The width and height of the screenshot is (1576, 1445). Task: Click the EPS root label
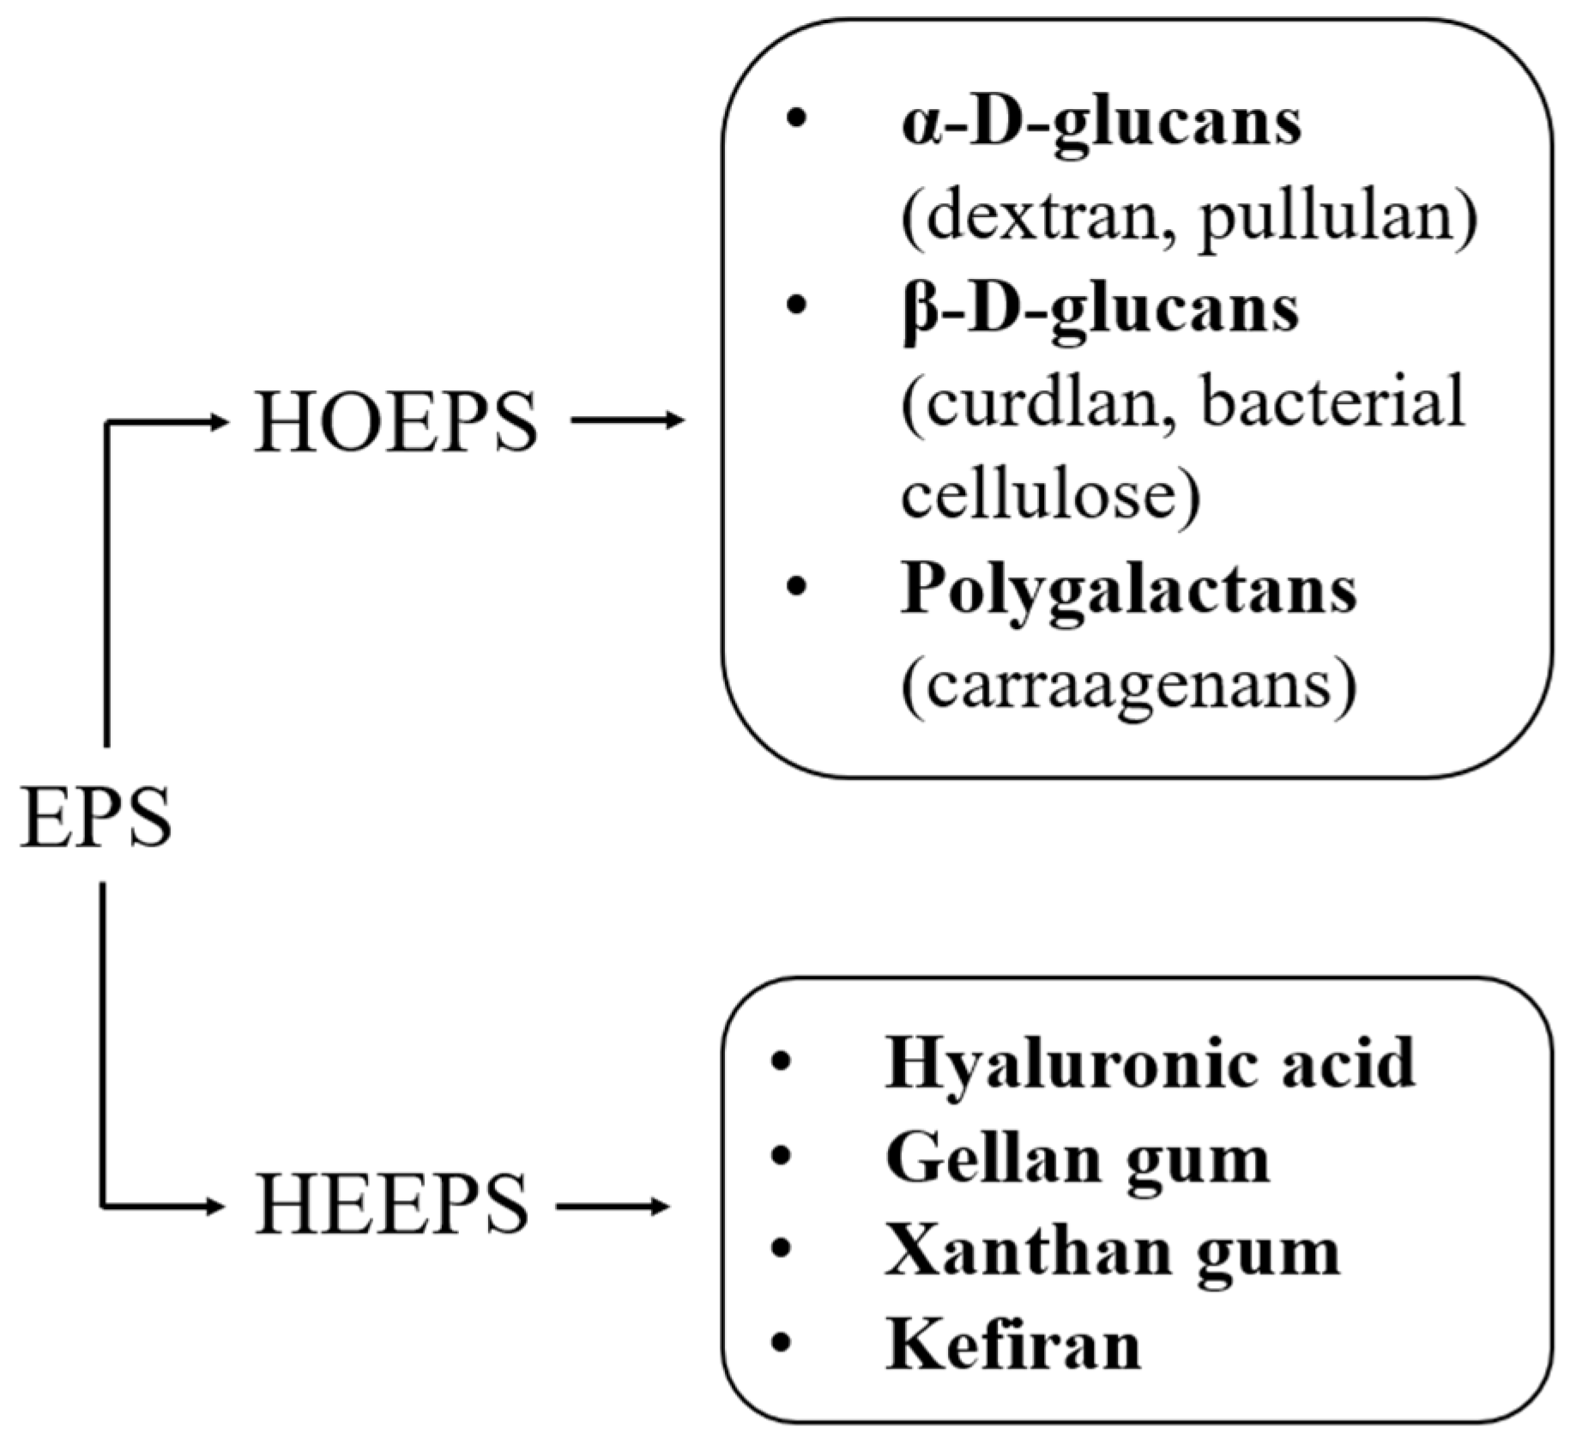95,819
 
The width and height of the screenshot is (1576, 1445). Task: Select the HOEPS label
396,422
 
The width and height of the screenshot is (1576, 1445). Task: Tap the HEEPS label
390,1205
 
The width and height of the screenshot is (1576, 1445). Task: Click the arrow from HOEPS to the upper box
627,420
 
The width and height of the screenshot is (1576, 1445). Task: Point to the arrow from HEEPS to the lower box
612,1206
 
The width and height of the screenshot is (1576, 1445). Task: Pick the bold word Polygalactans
1128,591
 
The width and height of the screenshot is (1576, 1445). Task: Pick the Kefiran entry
1013,1345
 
